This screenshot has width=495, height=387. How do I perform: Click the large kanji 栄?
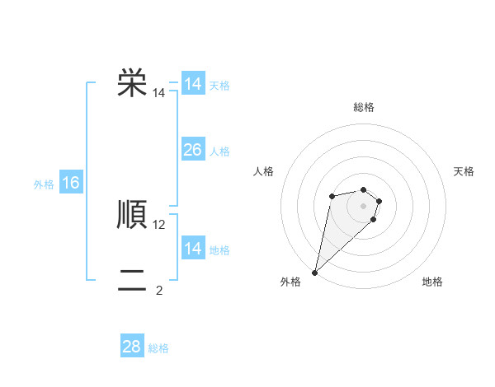click(x=132, y=83)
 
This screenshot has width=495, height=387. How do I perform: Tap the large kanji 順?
click(x=132, y=215)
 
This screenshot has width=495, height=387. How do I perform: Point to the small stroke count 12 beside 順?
click(x=159, y=225)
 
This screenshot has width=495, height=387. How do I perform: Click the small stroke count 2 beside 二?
click(x=159, y=291)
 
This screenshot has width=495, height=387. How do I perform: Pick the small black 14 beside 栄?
click(x=159, y=94)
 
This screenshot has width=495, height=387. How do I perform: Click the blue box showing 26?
click(x=192, y=150)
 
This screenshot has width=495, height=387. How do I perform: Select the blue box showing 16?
click(x=71, y=183)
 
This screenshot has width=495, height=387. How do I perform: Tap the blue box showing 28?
click(x=132, y=347)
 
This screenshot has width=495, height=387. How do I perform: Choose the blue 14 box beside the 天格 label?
click(x=192, y=84)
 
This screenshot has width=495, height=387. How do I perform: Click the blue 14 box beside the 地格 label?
click(x=192, y=249)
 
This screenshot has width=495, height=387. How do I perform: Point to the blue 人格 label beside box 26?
click(x=219, y=152)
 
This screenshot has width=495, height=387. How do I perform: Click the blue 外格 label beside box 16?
click(x=44, y=184)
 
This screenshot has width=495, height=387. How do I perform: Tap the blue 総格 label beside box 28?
click(x=158, y=348)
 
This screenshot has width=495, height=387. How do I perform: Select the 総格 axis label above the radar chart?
click(x=363, y=107)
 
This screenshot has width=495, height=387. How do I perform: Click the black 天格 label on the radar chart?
click(x=464, y=171)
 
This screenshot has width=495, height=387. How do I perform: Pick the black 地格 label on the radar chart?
click(x=432, y=282)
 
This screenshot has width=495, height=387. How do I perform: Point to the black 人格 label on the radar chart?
click(x=263, y=171)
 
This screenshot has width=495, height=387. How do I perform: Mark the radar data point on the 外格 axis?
click(x=315, y=272)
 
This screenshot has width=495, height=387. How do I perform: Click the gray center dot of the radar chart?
click(x=363, y=205)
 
